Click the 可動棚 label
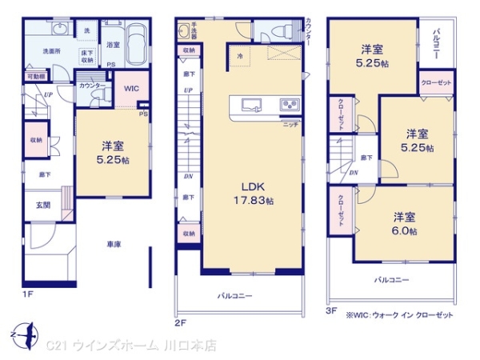pyautogui.click(x=37, y=76)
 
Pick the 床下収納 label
pyautogui.click(x=88, y=54)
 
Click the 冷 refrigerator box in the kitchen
pyautogui.click(x=241, y=55)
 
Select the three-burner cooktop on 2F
pyautogui.click(x=288, y=105)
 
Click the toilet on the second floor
pyautogui.click(x=277, y=30)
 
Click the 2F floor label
pyautogui.click(x=182, y=323)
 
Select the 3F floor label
pyautogui.click(x=332, y=308)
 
